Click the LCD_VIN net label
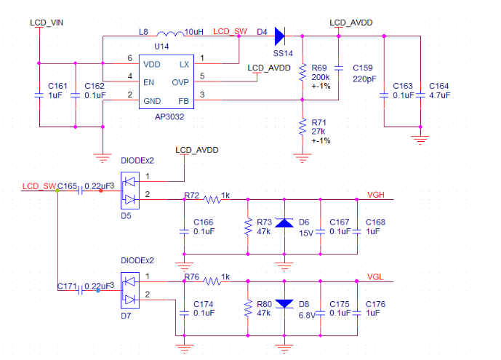coord(46,23)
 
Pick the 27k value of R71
coord(318,131)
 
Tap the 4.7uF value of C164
coord(439,95)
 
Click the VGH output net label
coord(376,194)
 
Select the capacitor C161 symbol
coord(39,95)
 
